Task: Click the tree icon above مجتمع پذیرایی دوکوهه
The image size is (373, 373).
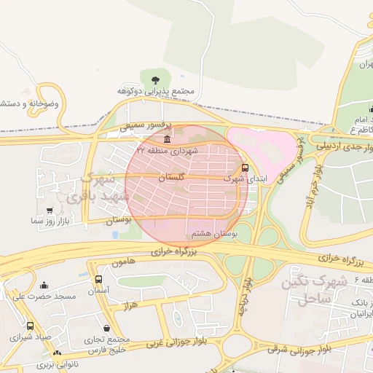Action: coord(154,79)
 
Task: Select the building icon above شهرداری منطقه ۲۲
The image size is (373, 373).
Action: coord(168,139)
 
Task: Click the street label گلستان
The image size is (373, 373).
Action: coord(172,178)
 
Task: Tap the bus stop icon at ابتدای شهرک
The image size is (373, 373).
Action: coord(244,168)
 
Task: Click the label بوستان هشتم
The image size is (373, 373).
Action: coord(209,233)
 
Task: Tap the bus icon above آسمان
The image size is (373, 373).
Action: coord(98,279)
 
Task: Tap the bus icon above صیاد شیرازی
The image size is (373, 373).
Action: coord(30,326)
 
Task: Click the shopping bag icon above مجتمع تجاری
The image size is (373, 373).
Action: coord(107,329)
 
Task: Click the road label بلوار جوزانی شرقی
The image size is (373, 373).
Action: coord(299,348)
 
